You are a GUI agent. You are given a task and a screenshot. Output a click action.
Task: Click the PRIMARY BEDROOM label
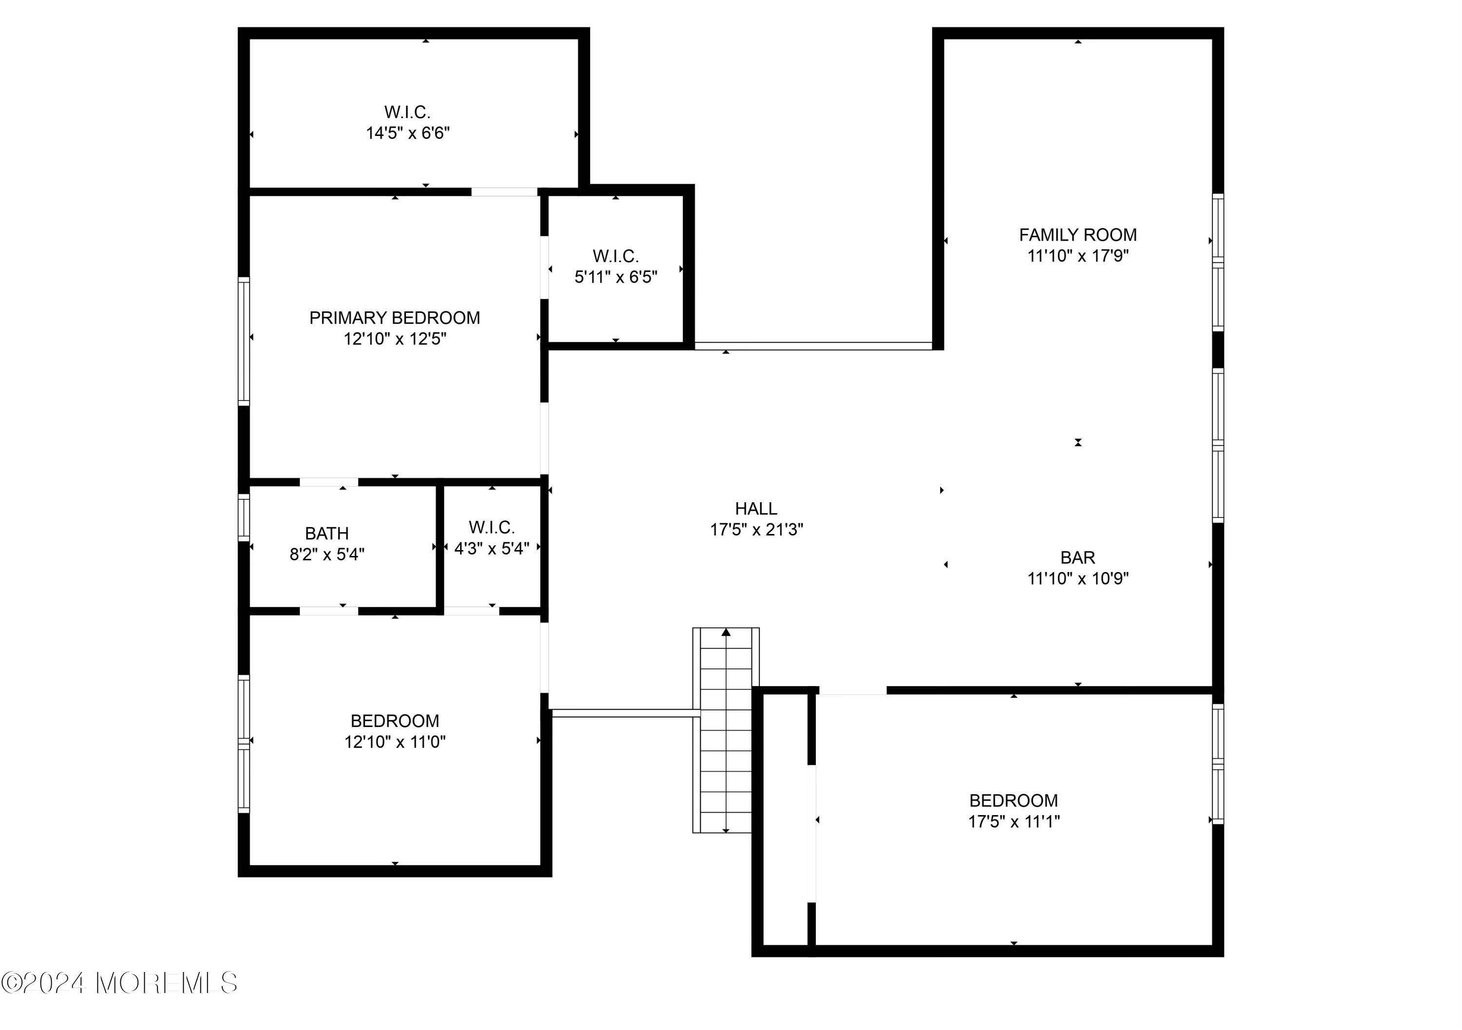[x=395, y=318]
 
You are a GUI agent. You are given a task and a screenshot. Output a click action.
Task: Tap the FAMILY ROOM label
[x=1078, y=235]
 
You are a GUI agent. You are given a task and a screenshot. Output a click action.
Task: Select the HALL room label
[x=756, y=509]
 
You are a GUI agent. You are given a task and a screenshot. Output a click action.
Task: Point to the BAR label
[x=1078, y=558]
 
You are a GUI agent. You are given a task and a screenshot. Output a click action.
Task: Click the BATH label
[x=327, y=534]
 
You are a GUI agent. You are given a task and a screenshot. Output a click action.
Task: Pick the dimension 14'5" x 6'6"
[x=407, y=133]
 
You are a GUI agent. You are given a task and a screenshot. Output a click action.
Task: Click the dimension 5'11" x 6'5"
[x=616, y=277]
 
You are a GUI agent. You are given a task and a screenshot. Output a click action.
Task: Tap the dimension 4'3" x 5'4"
[x=492, y=549]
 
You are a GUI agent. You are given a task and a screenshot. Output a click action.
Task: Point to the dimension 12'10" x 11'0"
[x=395, y=742]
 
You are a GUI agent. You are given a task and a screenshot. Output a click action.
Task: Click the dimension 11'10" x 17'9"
[x=1078, y=256]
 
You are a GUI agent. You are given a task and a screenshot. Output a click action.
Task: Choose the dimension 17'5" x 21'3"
[x=756, y=530]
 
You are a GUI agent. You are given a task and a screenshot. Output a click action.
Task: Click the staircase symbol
[x=726, y=730]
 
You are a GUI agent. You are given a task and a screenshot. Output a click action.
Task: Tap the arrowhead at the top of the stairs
[x=726, y=632]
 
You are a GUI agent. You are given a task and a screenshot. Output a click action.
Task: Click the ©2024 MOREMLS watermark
[x=119, y=983]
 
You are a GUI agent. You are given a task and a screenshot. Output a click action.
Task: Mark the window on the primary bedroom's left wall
[x=244, y=341]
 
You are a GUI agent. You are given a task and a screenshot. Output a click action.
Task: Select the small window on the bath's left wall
[x=244, y=517]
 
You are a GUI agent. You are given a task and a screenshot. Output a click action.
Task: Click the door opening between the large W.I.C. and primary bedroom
[x=504, y=191]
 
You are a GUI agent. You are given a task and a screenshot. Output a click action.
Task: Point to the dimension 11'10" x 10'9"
[x=1078, y=579]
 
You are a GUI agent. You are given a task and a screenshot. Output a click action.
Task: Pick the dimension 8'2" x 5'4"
[x=327, y=554]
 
